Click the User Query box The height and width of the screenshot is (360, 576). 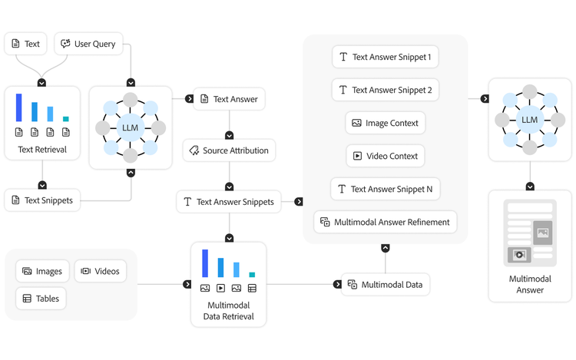(x=88, y=44)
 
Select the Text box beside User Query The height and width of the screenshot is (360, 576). (x=25, y=44)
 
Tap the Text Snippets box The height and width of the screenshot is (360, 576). (x=42, y=200)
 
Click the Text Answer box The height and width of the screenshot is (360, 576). (x=230, y=99)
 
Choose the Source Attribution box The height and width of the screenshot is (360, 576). (x=229, y=150)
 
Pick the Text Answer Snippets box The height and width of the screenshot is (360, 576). (x=228, y=202)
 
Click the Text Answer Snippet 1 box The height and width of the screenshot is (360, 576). (x=385, y=57)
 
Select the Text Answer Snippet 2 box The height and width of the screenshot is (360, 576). (x=385, y=90)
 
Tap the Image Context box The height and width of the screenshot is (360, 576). (x=385, y=123)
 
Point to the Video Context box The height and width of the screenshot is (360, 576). (x=385, y=156)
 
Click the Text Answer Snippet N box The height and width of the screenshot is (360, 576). (x=385, y=189)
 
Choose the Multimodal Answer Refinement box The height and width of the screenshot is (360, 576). (x=385, y=223)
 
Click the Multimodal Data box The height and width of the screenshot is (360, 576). (x=385, y=284)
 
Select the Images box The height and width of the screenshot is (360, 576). (x=42, y=271)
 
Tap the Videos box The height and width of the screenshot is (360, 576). (x=100, y=271)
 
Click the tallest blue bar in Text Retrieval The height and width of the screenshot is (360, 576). (x=18, y=107)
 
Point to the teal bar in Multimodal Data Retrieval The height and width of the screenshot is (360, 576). (x=252, y=274)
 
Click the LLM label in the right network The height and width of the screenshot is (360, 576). (x=529, y=120)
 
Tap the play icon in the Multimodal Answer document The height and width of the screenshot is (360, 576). (x=520, y=255)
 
